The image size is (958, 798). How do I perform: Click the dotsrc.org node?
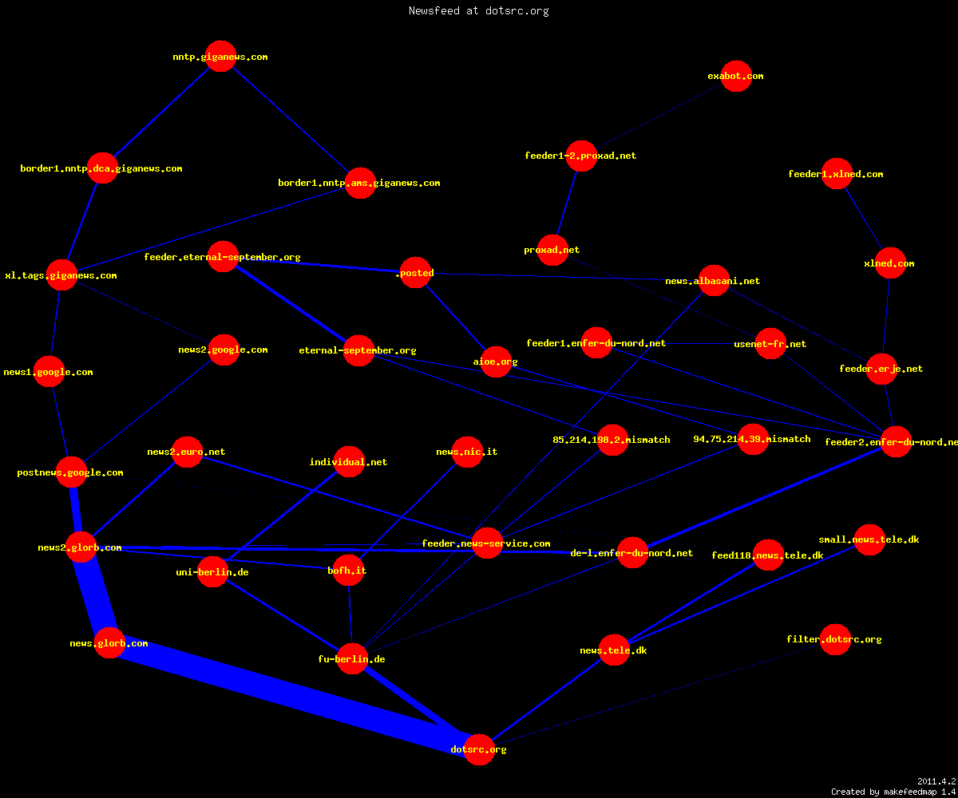pyautogui.click(x=479, y=749)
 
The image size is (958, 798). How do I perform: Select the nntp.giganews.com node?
pyautogui.click(x=220, y=57)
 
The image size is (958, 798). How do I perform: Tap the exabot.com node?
pyautogui.click(x=736, y=76)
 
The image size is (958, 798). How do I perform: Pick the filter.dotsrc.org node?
pyautogui.click(x=836, y=639)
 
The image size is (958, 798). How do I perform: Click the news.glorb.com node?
pyautogui.click(x=109, y=643)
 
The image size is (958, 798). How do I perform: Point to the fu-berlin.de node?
pyautogui.click(x=352, y=658)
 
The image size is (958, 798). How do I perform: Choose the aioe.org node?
pyautogui.click(x=496, y=361)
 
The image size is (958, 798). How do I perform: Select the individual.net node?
pyautogui.click(x=349, y=461)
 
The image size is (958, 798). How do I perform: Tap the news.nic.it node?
pyautogui.click(x=467, y=452)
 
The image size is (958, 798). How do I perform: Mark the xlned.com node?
pyautogui.click(x=890, y=263)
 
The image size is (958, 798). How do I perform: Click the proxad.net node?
pyautogui.click(x=552, y=250)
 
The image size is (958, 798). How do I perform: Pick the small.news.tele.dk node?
pyautogui.click(x=869, y=539)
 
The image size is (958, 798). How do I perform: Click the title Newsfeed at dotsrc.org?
pyautogui.click(x=478, y=10)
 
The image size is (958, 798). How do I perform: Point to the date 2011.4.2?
pyautogui.click(x=936, y=781)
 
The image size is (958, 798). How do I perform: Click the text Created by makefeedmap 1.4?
pyautogui.click(x=893, y=792)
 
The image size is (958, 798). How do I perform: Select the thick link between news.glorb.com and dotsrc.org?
pyautogui.click(x=294, y=696)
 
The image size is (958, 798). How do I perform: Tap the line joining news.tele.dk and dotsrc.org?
pyautogui.click(x=546, y=700)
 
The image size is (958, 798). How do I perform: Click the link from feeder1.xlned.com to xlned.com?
pyautogui.click(x=864, y=219)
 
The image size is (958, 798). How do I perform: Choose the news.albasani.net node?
pyautogui.click(x=714, y=280)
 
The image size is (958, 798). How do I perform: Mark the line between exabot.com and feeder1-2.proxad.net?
pyautogui.click(x=659, y=116)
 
